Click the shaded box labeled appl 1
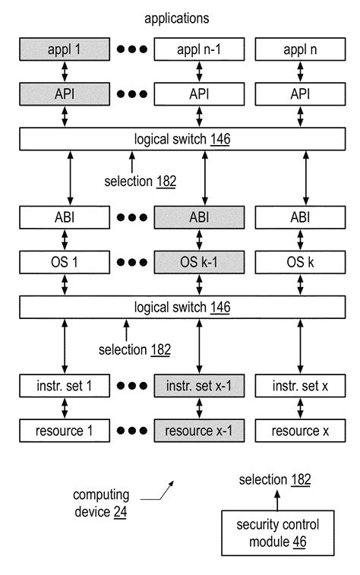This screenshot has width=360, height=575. point(63,51)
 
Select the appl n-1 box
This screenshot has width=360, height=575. point(198,51)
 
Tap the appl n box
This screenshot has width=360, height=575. point(305,51)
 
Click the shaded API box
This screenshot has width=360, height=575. point(63,95)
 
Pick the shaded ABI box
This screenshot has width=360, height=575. point(198,218)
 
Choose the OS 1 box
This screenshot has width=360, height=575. point(63,263)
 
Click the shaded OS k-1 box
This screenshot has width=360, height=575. point(198,263)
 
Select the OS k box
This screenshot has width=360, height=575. point(305,263)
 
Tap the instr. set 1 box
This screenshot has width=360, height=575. point(63,386)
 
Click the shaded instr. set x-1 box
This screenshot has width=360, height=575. point(198,386)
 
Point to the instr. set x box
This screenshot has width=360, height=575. point(305,386)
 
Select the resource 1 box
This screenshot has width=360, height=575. point(63,430)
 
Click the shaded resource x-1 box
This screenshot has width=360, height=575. point(198,430)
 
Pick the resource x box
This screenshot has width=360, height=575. point(305,430)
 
